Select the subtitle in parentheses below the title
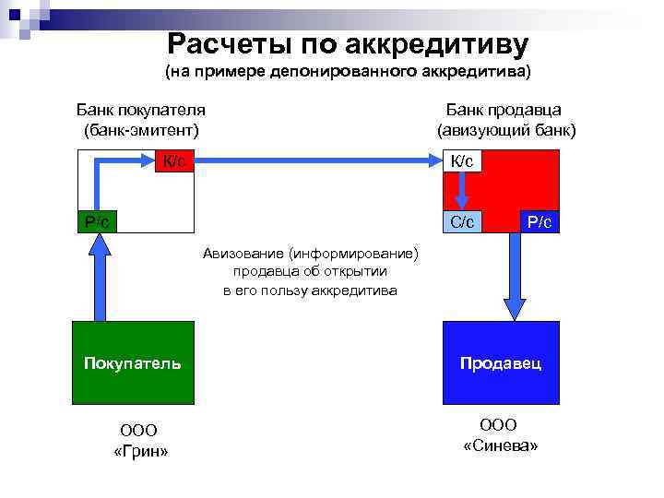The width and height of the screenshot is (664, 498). coord(348,71)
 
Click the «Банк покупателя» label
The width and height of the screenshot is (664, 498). coord(140,110)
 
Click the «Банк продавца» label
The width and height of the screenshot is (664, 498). coord(510,110)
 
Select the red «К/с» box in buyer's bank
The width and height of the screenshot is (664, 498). coord(173,161)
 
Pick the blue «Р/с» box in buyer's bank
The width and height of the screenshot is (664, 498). coord(97,221)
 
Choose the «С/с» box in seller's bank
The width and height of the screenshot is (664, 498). coord(462,221)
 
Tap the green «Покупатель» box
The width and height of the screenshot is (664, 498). coord(133,362)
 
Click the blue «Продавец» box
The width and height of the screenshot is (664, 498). coord(501,362)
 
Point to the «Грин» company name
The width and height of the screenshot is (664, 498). coord(139,450)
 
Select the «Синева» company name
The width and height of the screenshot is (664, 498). coord(500,445)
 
